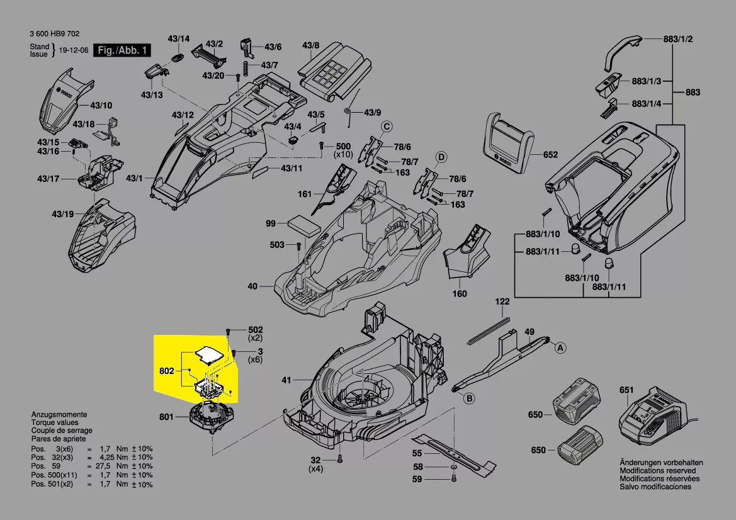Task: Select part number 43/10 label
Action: tap(101, 105)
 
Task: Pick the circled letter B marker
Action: tap(468, 398)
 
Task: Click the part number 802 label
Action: tap(166, 371)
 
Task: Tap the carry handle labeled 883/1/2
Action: tap(623, 52)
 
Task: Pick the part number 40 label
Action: tap(252, 286)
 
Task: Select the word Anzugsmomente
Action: tap(59, 415)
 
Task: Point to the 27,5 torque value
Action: tap(104, 466)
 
